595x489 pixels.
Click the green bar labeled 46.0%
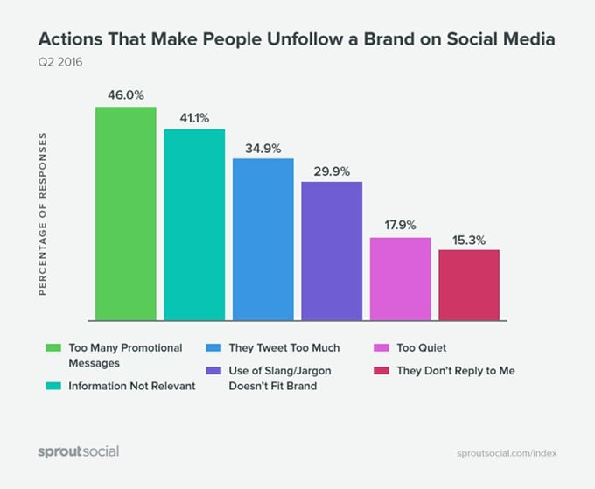(x=126, y=213)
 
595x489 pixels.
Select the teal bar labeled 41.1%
(x=194, y=225)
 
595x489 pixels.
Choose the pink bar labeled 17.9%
(x=400, y=278)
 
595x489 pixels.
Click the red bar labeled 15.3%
(x=469, y=284)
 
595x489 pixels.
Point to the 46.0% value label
(x=126, y=94)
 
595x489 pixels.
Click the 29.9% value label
(x=332, y=169)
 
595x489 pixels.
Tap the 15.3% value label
(x=469, y=237)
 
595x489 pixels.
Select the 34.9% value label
(x=263, y=145)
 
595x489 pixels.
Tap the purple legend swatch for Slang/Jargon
(x=213, y=371)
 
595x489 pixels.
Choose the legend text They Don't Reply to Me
(x=456, y=371)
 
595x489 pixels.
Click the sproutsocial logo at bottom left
(x=78, y=451)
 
